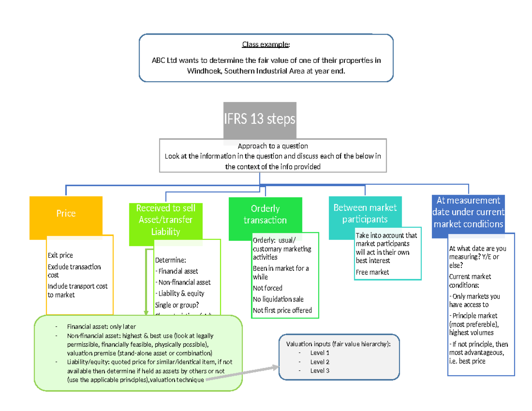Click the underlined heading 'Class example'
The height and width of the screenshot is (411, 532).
click(266, 45)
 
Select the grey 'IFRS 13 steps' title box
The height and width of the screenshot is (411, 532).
click(259, 119)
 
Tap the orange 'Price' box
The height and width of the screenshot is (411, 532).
click(66, 214)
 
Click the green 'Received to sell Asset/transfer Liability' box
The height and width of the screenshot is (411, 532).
click(165, 220)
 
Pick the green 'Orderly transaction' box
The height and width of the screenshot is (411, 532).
click(265, 215)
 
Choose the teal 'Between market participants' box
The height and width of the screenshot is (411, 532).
click(365, 213)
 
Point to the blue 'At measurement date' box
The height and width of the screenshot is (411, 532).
click(468, 212)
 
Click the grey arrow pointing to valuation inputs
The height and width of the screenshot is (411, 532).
click(242, 373)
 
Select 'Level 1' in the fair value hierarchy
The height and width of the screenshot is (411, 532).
click(320, 353)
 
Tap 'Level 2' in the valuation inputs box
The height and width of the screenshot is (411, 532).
click(320, 362)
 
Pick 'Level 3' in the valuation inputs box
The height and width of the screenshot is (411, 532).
click(320, 371)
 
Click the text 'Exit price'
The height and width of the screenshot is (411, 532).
click(60, 255)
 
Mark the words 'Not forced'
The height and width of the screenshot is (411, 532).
click(267, 288)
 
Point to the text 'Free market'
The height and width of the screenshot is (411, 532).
click(372, 272)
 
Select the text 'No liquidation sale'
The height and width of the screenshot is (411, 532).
click(278, 299)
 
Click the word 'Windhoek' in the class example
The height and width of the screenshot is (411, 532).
click(202, 71)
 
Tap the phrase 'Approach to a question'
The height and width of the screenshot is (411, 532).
click(273, 146)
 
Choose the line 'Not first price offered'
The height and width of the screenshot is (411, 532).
click(282, 310)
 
